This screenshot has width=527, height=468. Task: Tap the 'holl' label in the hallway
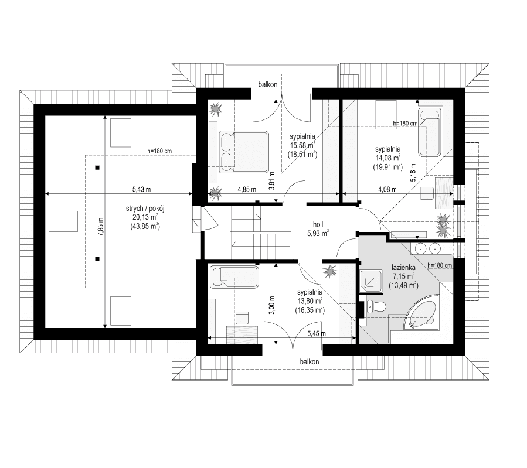coord(318,223)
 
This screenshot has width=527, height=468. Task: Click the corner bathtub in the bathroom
coord(423,315)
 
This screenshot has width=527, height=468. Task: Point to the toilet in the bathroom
coord(378,306)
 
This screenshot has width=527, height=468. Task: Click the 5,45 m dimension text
coord(317,333)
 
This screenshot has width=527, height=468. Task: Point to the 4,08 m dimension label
coord(387,189)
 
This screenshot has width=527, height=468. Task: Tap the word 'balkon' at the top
coord(267,86)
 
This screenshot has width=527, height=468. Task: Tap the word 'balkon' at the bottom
coord(309,362)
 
